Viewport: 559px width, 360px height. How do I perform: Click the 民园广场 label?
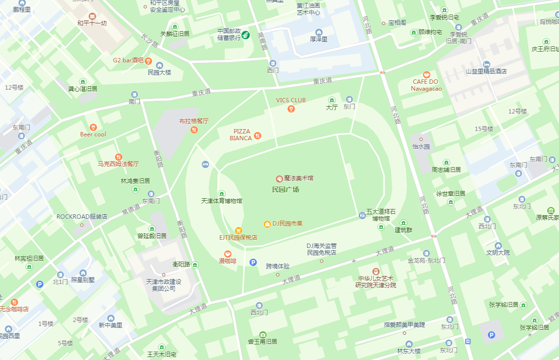point(286,189)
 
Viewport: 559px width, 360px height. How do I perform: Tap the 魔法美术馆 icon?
point(279,179)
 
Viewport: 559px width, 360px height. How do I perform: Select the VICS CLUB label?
point(291,100)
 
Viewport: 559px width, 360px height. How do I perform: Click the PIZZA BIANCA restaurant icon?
point(258,135)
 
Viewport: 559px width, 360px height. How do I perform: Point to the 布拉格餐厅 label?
point(193,121)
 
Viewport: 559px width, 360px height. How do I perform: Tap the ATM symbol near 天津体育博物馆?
point(205,164)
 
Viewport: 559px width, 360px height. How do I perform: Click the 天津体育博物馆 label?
point(221,201)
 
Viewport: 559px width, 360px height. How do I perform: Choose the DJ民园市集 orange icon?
point(267,224)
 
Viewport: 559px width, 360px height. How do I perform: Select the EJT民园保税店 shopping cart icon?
point(238,230)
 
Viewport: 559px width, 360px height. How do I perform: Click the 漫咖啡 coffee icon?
point(228,254)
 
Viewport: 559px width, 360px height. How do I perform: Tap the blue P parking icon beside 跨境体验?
point(253,262)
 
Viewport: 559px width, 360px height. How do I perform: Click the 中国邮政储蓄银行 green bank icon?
point(246,35)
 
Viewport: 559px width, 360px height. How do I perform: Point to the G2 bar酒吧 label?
point(128,60)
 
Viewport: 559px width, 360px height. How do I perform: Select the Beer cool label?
point(93,134)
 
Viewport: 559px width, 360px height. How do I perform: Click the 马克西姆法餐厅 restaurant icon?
point(118,157)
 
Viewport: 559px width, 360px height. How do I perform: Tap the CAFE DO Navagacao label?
point(426,85)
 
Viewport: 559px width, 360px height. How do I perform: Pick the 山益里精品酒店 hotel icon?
point(486,64)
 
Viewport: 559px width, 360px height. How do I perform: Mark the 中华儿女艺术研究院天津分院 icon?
point(375,271)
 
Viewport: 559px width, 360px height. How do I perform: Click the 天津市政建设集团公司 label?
point(163,285)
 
